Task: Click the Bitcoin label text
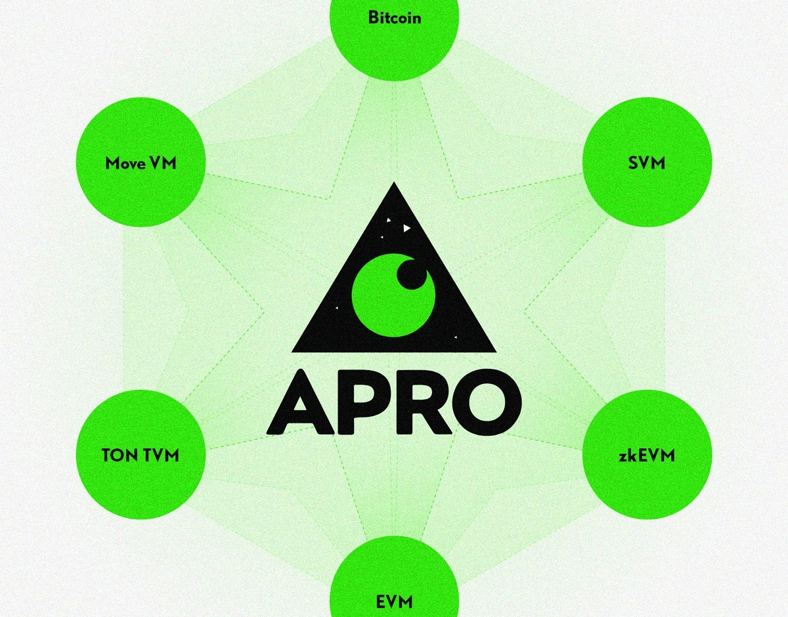[x=394, y=17]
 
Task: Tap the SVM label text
[x=646, y=163]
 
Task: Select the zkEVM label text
[x=646, y=455]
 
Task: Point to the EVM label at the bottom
[x=394, y=600]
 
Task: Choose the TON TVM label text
[x=141, y=455]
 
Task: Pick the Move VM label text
[x=141, y=163]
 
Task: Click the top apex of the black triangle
[x=394, y=184]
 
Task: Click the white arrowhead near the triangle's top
[x=407, y=228]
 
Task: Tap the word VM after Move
[x=163, y=163]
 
